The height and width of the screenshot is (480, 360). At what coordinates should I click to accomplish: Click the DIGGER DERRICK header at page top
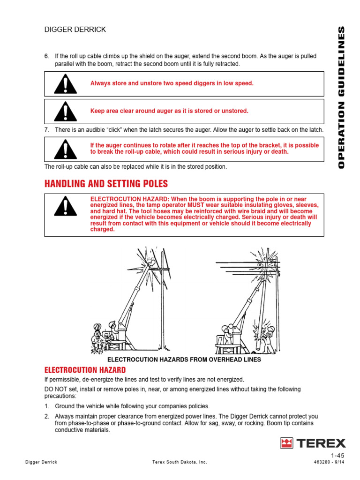click(x=75, y=30)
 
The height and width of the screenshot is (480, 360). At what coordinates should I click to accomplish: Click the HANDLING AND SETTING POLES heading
click(x=106, y=183)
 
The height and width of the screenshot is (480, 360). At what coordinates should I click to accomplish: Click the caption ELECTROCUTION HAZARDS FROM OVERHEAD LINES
click(x=184, y=360)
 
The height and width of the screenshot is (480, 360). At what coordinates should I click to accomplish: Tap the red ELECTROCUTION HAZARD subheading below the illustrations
click(x=85, y=370)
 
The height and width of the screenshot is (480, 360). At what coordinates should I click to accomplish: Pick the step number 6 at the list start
click(x=46, y=56)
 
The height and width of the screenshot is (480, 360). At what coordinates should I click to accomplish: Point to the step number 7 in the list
click(x=46, y=130)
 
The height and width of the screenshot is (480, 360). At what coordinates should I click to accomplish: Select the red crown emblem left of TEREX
click(x=287, y=443)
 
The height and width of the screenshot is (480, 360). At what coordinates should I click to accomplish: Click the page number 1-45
click(x=337, y=456)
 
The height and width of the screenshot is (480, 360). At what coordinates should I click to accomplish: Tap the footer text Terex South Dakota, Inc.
click(x=180, y=462)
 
